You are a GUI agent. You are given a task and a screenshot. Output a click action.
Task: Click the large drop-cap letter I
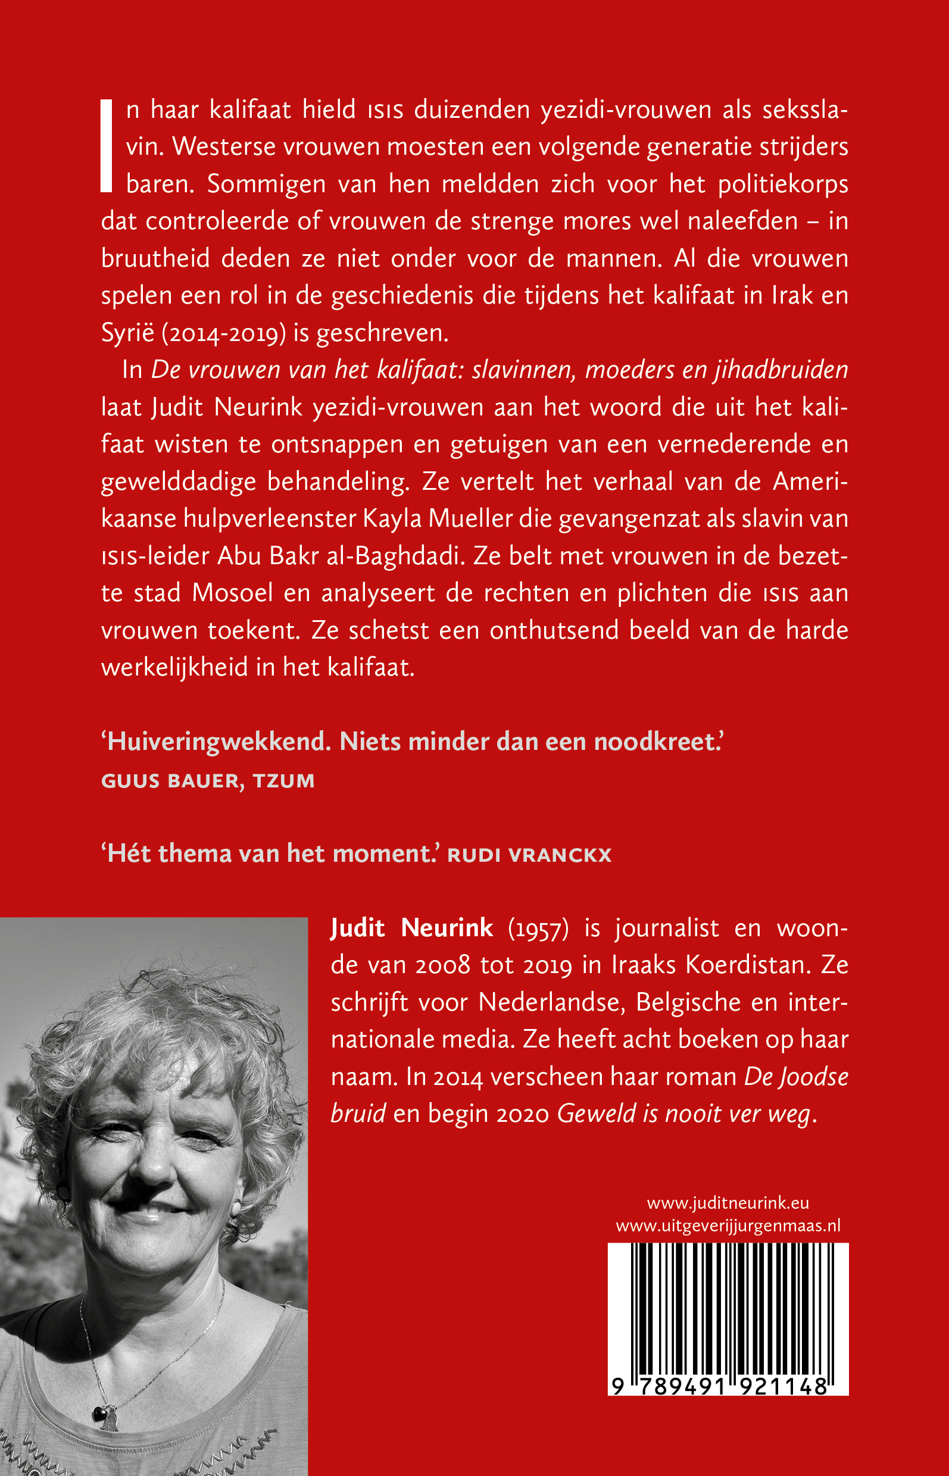click(x=107, y=146)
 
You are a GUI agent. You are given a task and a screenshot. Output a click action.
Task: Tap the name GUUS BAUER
click(x=170, y=781)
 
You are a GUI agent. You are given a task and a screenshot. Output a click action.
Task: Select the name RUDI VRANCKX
click(x=529, y=855)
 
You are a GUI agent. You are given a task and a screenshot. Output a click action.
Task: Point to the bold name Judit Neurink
click(x=411, y=928)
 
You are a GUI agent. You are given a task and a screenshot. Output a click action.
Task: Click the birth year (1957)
click(x=538, y=929)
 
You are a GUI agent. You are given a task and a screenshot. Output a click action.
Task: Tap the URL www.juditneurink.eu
click(x=728, y=1202)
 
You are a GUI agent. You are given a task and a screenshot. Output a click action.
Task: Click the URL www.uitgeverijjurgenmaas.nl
click(x=728, y=1225)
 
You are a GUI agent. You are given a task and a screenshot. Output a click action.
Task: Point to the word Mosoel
click(x=232, y=593)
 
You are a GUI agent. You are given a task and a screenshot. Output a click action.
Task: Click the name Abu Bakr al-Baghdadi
click(x=339, y=556)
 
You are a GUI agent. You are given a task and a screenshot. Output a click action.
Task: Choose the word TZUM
click(x=283, y=781)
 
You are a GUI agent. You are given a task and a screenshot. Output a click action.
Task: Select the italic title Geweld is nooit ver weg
click(x=684, y=1114)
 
